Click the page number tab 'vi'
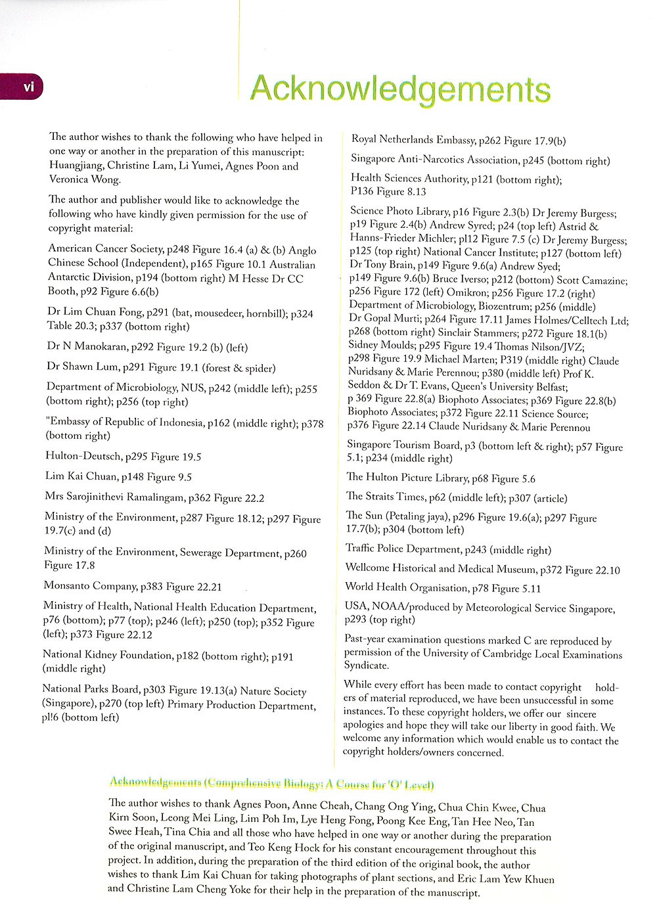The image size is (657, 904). point(26,87)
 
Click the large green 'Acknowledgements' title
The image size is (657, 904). point(399,89)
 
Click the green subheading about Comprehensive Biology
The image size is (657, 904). point(271,783)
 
